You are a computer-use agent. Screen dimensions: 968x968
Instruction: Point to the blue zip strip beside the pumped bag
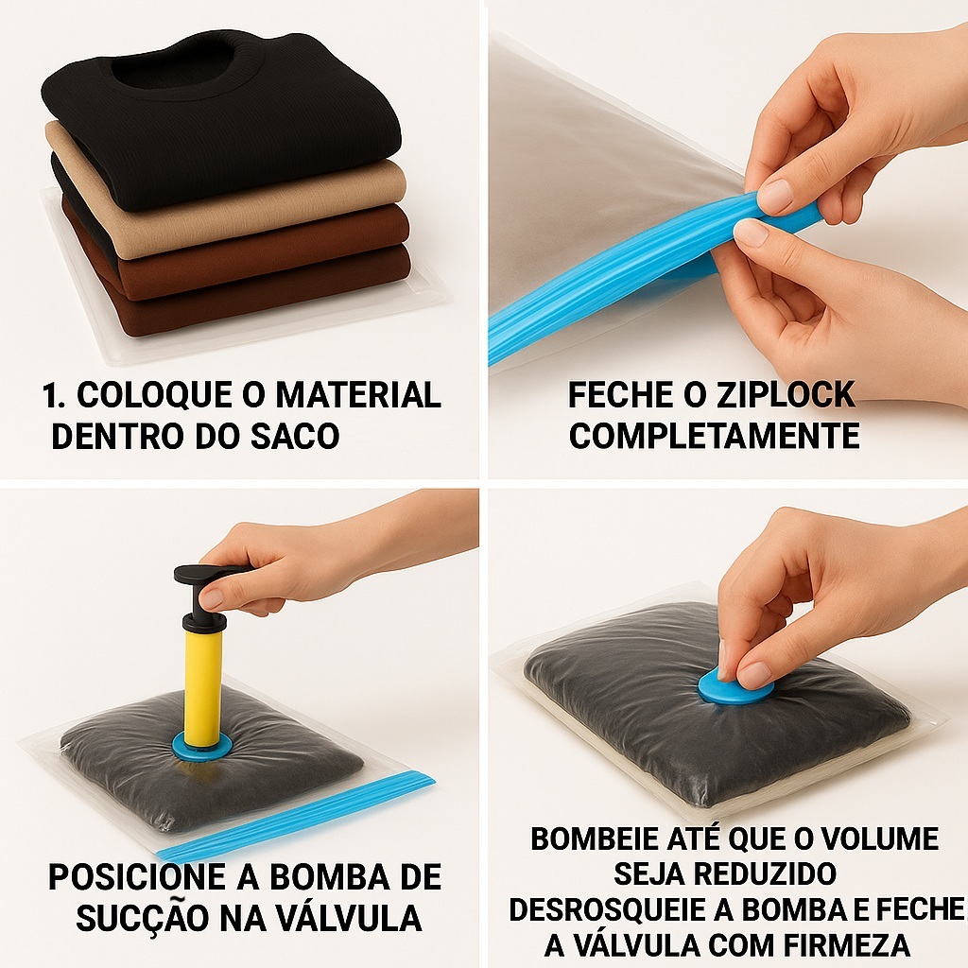coord(296,816)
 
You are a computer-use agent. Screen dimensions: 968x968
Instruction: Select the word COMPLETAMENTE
coord(715,436)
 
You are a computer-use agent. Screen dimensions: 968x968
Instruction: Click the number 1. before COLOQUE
coord(54,395)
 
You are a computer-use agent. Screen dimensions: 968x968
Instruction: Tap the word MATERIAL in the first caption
coord(358,395)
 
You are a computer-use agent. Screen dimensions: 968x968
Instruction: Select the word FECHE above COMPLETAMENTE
coord(618,395)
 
